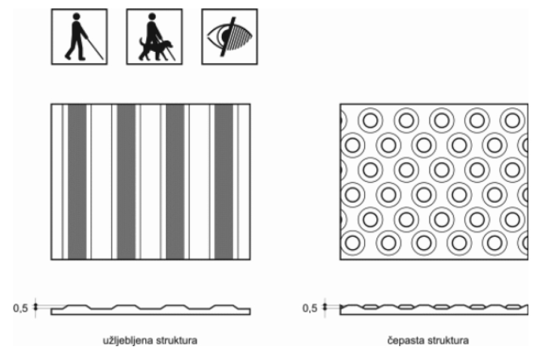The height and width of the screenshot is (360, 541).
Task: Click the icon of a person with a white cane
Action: (79, 37)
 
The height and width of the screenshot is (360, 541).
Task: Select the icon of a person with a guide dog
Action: (154, 37)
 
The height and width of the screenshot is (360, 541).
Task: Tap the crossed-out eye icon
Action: (229, 37)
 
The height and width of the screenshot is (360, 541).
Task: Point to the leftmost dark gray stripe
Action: (77, 181)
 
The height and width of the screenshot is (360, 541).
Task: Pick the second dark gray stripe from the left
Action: (126, 181)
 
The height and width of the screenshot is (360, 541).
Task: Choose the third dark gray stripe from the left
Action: (175, 181)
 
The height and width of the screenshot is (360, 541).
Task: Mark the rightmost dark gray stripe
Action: (224, 181)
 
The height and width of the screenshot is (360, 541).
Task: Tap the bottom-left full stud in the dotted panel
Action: (353, 243)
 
